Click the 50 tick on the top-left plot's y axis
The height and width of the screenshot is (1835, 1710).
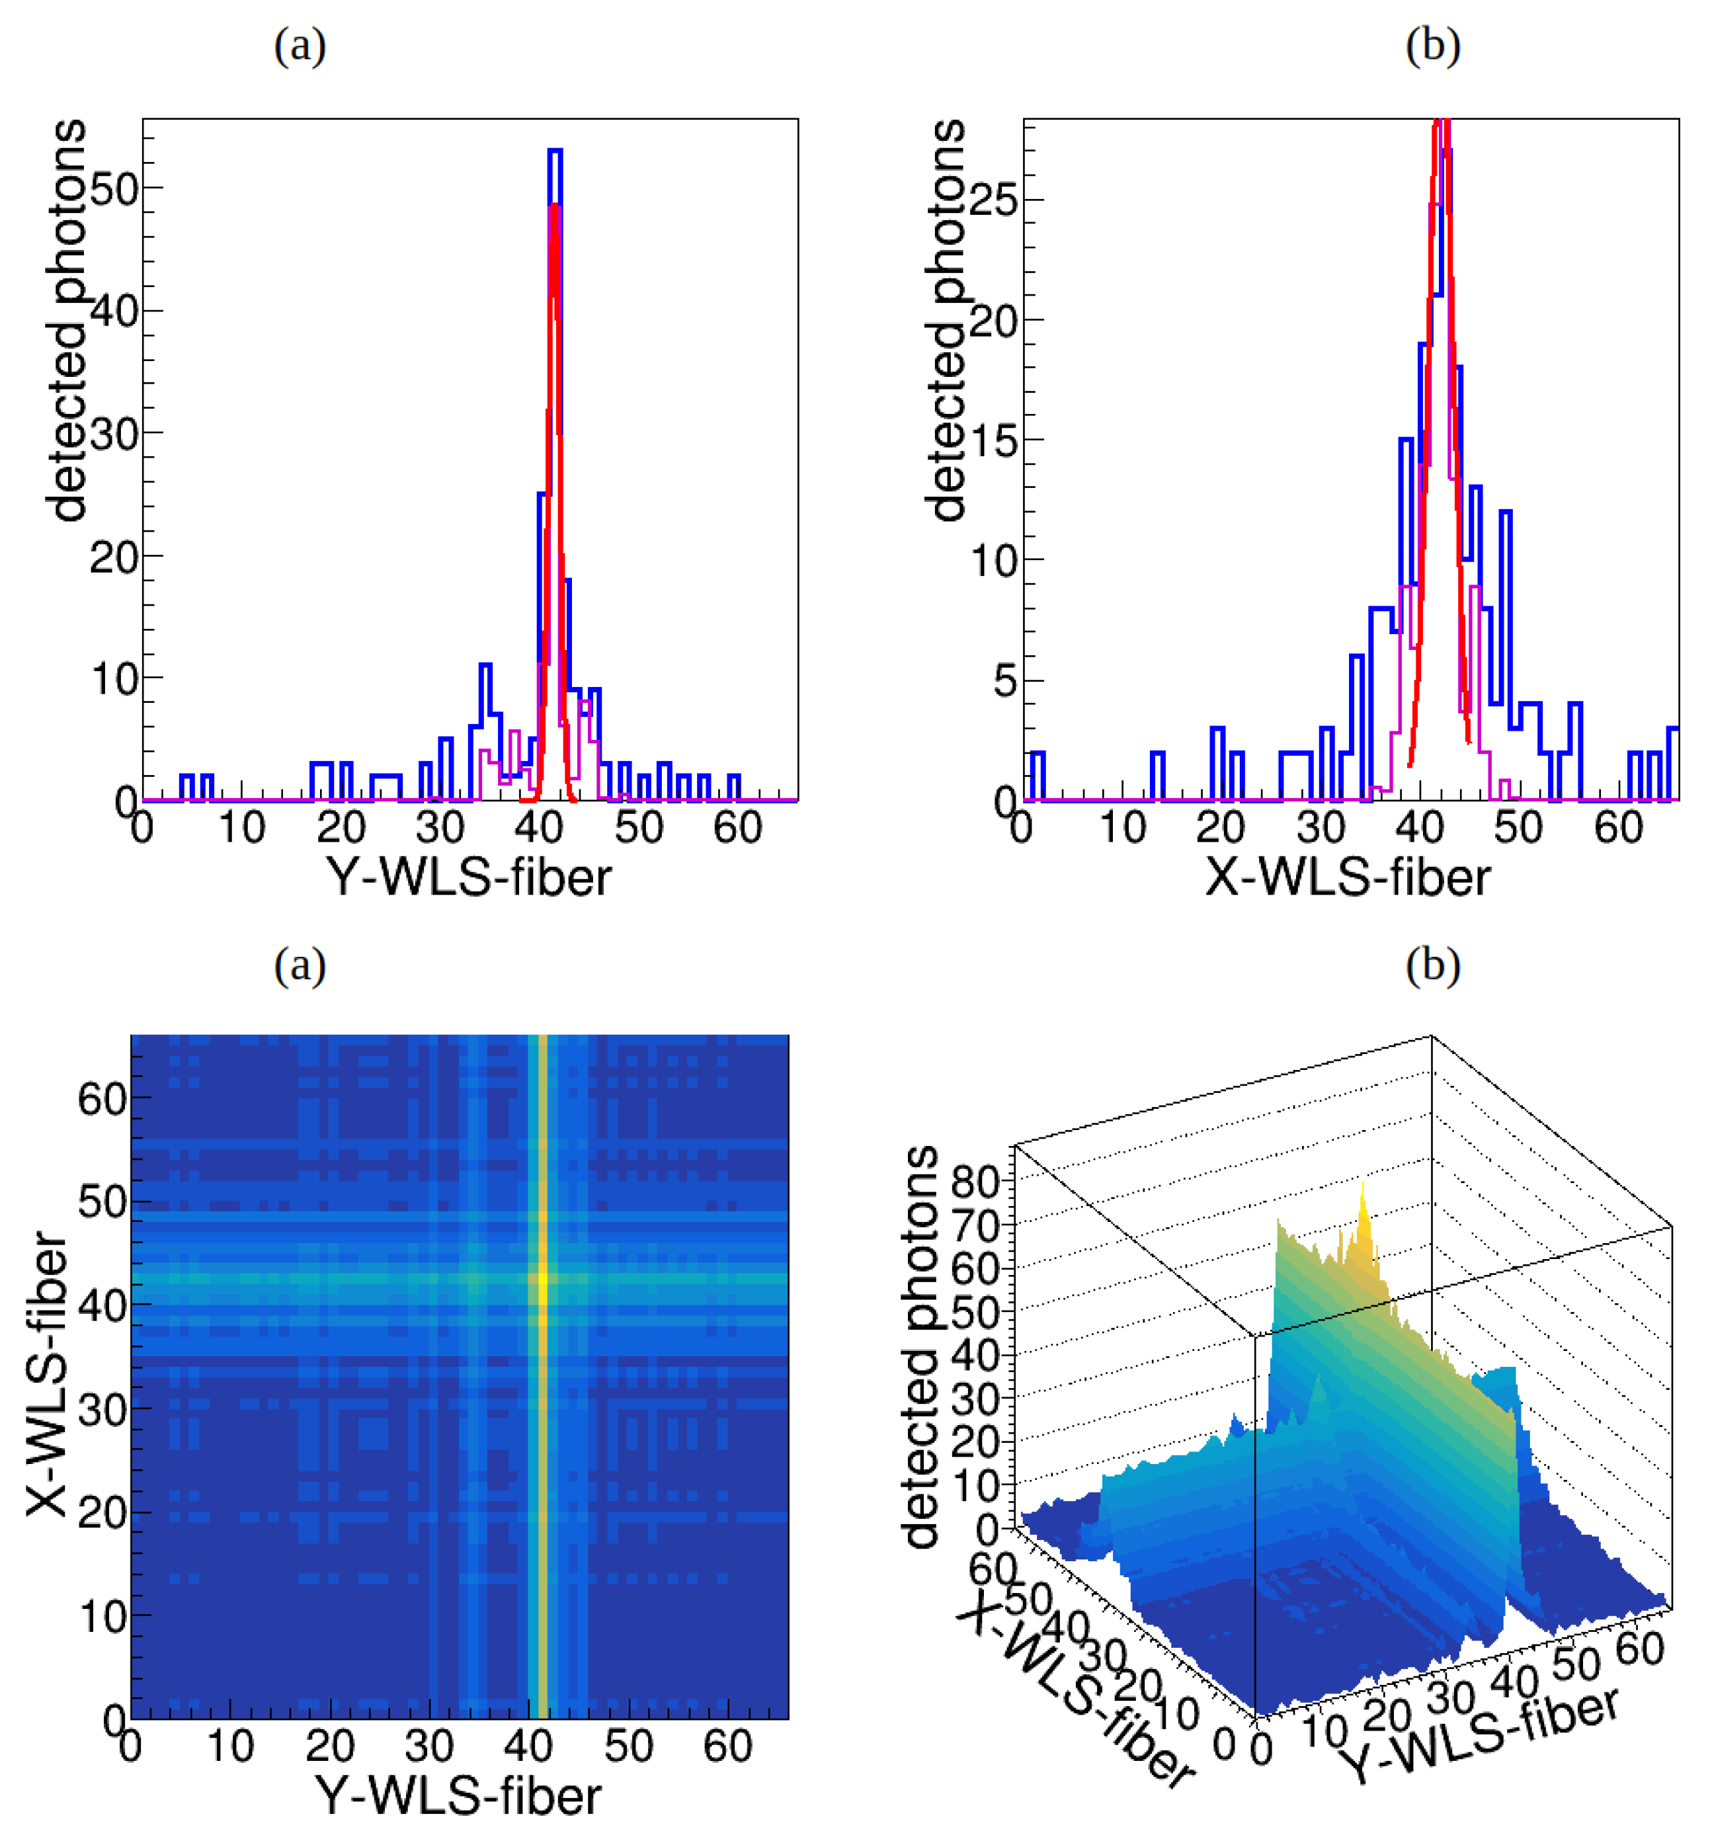114,189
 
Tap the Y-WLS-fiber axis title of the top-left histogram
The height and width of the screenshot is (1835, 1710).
469,877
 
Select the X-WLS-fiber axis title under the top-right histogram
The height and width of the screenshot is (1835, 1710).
1348,877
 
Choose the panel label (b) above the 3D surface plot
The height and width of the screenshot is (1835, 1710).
1432,965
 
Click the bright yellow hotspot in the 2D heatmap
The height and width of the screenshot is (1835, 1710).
543,1278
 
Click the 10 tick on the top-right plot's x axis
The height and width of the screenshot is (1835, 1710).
1122,828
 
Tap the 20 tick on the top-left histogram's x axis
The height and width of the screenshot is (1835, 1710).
341,828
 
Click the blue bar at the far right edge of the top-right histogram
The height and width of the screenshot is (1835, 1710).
1672,762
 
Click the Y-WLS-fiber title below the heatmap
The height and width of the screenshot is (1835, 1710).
459,1796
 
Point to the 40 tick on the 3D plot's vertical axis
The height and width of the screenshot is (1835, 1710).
975,1354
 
